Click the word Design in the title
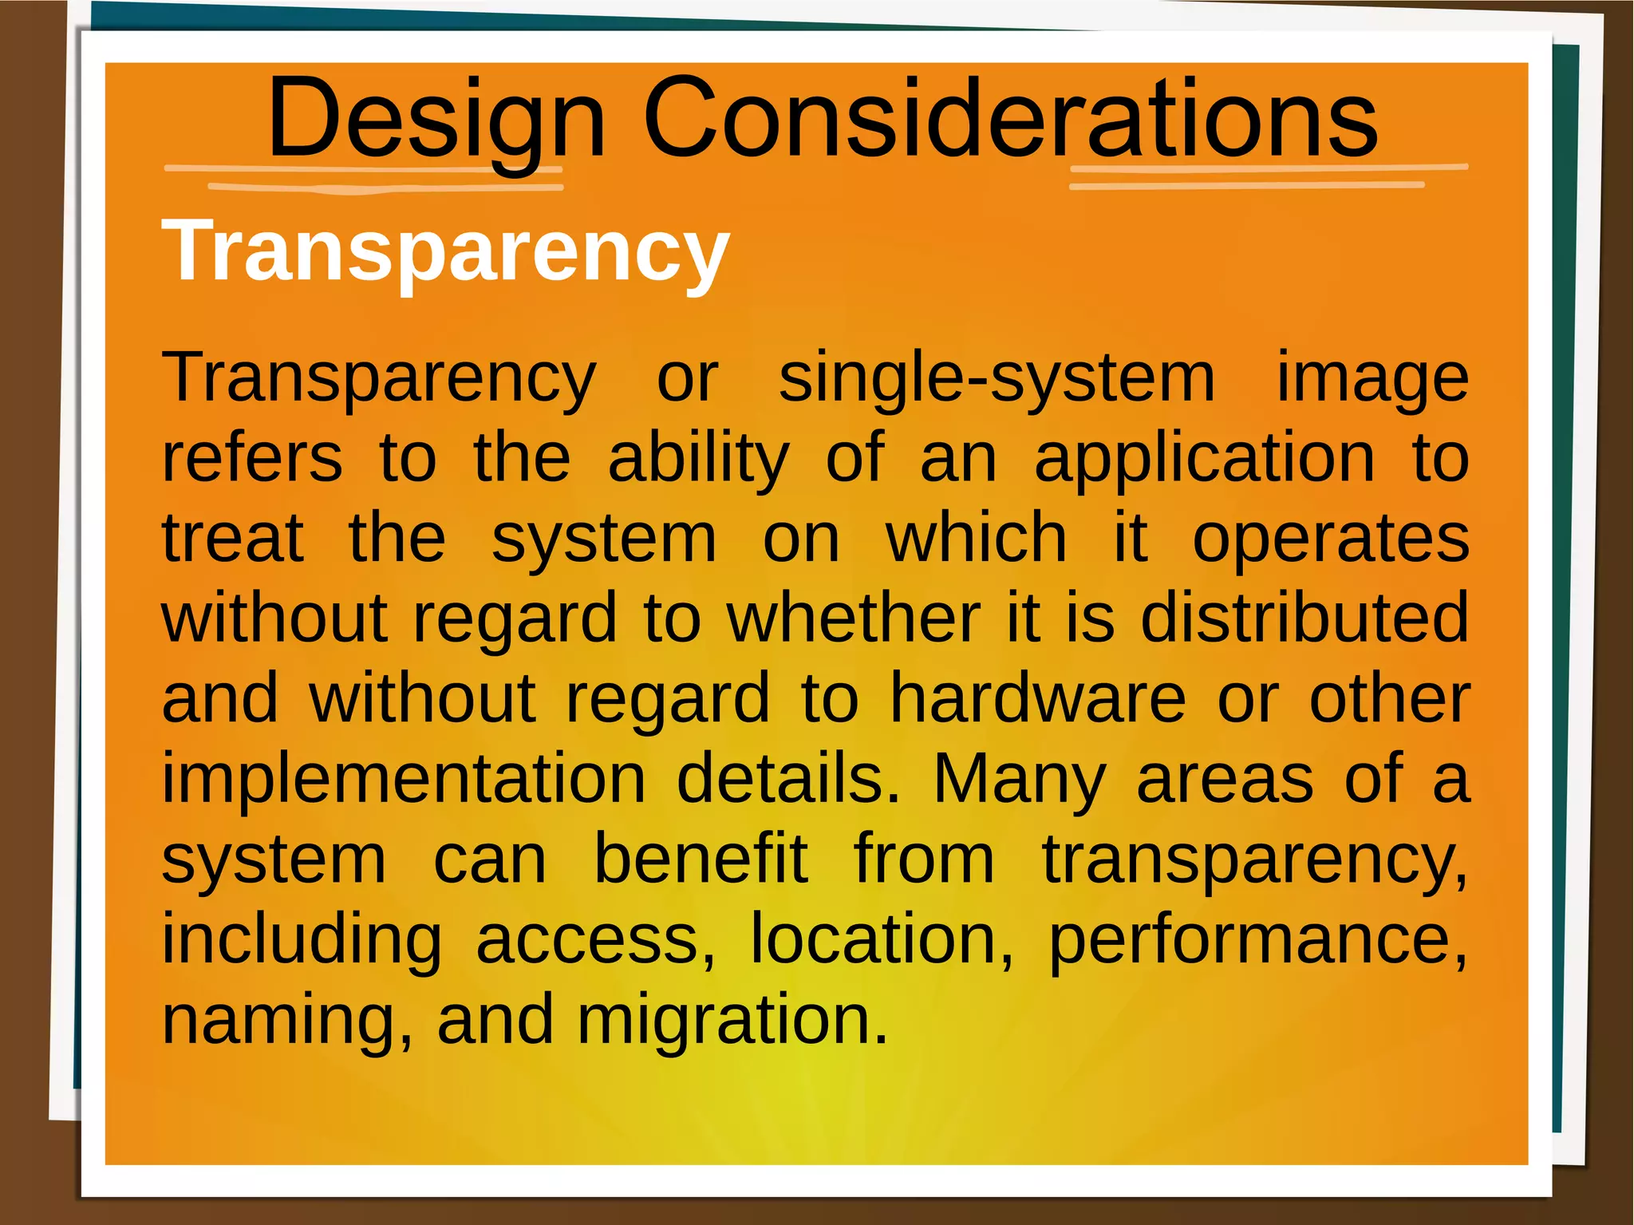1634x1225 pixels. point(436,120)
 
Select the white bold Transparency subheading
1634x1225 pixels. point(445,251)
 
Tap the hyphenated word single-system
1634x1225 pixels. point(997,378)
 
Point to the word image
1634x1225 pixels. point(1372,378)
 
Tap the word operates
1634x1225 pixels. point(1331,539)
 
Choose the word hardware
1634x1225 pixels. point(1037,699)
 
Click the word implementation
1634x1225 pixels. point(404,779)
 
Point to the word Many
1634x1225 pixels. point(1020,779)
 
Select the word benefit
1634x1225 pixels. point(701,860)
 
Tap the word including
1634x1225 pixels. point(302,940)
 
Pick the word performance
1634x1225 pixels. point(1257,940)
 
